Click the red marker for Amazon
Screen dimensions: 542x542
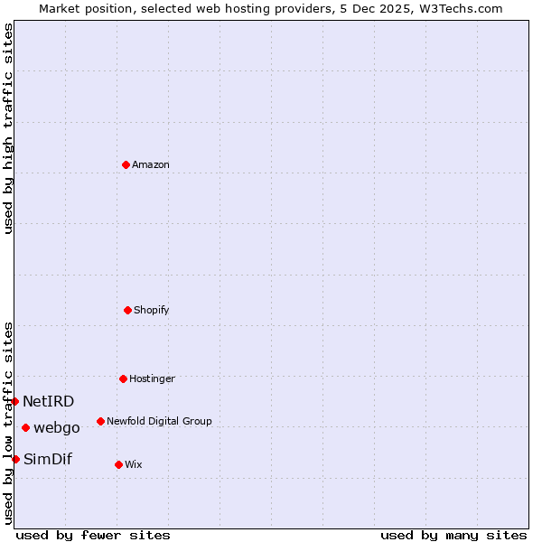126,164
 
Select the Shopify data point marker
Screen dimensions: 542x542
127,310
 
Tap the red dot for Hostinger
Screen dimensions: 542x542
123,378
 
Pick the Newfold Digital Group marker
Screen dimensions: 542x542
100,421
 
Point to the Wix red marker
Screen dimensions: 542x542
118,464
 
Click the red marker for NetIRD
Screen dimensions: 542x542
15,401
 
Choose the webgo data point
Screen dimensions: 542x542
25,427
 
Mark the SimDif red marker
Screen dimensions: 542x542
15,459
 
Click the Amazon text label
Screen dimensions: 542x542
151,164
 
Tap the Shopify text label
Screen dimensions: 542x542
152,310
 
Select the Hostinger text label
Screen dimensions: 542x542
152,378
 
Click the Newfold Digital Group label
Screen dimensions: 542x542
159,421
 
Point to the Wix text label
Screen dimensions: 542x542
134,464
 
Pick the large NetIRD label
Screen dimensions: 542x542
49,401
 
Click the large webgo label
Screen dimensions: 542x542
57,427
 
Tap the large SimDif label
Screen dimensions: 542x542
48,459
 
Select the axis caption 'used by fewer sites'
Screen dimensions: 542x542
93,535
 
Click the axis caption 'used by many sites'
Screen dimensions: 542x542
453,535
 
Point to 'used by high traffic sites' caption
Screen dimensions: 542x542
8,129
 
